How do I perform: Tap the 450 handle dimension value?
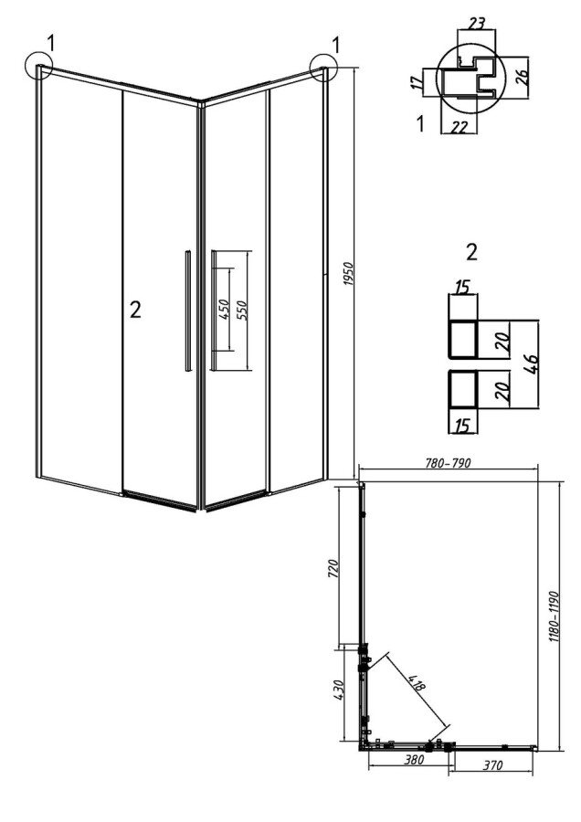click(x=223, y=311)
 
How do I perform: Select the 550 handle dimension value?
click(x=243, y=310)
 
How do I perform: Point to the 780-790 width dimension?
click(x=448, y=463)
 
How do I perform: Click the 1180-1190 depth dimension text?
click(x=555, y=617)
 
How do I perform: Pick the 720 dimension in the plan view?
click(x=333, y=569)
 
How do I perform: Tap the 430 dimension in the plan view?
click(x=337, y=692)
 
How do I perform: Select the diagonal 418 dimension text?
click(x=416, y=682)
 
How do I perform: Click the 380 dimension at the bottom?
click(x=414, y=760)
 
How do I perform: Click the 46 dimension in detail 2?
click(x=531, y=364)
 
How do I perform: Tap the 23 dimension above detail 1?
click(x=476, y=24)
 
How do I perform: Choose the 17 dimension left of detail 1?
click(x=416, y=82)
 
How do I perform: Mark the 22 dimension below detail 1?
click(x=459, y=127)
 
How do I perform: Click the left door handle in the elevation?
click(x=186, y=311)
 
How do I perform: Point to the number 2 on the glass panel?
click(x=135, y=311)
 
